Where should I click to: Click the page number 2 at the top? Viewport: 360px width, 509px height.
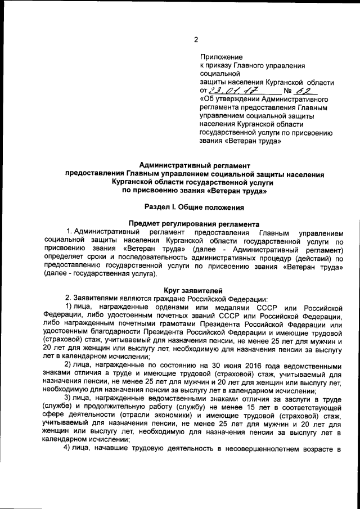click(196, 39)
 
